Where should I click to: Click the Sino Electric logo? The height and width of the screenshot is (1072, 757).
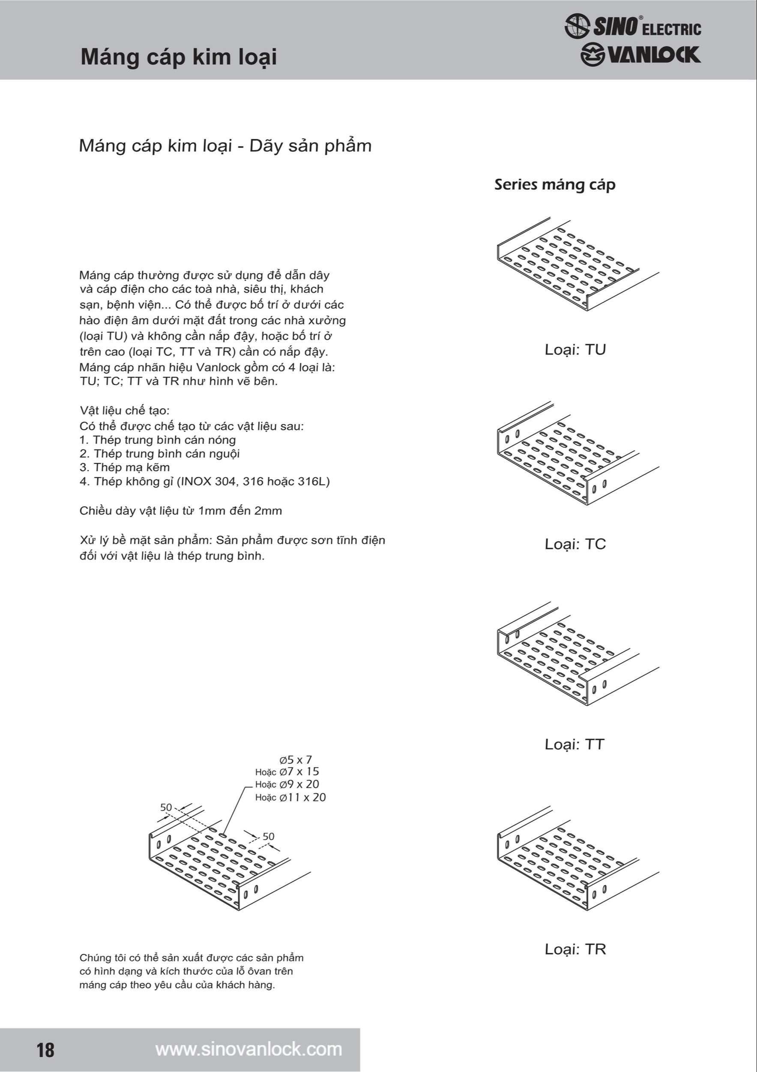pyautogui.click(x=632, y=26)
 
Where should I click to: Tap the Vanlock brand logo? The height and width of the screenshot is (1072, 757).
pyautogui.click(x=640, y=55)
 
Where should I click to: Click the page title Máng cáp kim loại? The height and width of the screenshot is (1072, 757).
pyautogui.click(x=179, y=57)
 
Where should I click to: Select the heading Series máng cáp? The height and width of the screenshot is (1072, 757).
pyautogui.click(x=554, y=184)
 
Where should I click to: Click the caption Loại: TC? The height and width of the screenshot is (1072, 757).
pyautogui.click(x=574, y=544)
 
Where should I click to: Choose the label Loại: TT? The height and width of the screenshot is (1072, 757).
pyautogui.click(x=574, y=744)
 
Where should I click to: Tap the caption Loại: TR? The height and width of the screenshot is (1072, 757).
pyautogui.click(x=574, y=949)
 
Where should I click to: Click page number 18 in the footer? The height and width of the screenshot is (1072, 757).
pyautogui.click(x=46, y=1050)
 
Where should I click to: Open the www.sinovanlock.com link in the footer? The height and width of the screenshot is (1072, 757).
pyautogui.click(x=248, y=1049)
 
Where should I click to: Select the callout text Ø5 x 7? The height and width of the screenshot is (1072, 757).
pyautogui.click(x=296, y=760)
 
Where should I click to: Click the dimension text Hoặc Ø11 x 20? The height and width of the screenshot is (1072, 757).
pyautogui.click(x=290, y=798)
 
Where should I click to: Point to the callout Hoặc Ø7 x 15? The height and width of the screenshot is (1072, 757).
pyautogui.click(x=287, y=772)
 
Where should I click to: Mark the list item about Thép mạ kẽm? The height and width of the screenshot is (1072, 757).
pyautogui.click(x=125, y=467)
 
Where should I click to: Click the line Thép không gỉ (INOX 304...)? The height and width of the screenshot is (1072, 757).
pyautogui.click(x=205, y=482)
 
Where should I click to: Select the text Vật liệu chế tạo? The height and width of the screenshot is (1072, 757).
pyautogui.click(x=125, y=410)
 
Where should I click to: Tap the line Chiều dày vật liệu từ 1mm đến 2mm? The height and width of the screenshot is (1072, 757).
pyautogui.click(x=180, y=511)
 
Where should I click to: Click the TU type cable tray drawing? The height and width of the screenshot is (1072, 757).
pyautogui.click(x=577, y=264)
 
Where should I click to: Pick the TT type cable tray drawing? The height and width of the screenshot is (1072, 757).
pyautogui.click(x=577, y=654)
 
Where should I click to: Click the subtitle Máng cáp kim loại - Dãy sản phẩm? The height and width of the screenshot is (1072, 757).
pyautogui.click(x=225, y=146)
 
